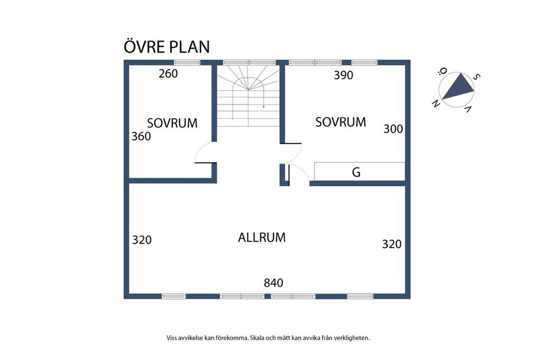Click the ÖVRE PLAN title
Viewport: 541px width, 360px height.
[x=166, y=46]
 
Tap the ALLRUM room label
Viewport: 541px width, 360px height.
[x=262, y=238]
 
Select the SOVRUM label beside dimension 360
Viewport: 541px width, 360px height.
[x=172, y=123]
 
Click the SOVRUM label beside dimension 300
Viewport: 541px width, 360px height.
[x=340, y=122]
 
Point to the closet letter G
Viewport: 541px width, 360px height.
[x=356, y=172]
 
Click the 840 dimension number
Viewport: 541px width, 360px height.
[x=274, y=283]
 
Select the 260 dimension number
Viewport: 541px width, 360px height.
[x=168, y=73]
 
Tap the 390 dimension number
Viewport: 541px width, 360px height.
[x=343, y=75]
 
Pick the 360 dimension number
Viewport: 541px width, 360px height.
[x=141, y=136]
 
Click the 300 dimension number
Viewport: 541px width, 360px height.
[x=393, y=128]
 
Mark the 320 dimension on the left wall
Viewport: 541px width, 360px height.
[x=142, y=240]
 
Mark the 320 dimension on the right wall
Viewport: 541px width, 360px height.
[x=391, y=244]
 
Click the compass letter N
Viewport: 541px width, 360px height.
[x=436, y=103]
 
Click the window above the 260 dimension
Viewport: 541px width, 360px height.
[x=187, y=62]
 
